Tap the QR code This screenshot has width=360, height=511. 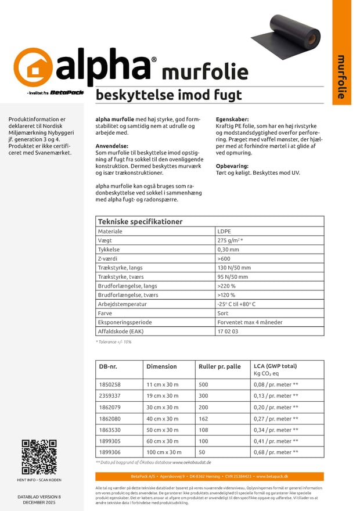(39, 457)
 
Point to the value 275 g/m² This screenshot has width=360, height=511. (229, 240)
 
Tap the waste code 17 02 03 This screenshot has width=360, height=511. (228, 332)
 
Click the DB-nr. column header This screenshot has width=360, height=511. (108, 366)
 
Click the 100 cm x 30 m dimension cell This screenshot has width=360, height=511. (164, 452)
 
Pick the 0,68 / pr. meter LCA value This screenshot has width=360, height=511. (276, 452)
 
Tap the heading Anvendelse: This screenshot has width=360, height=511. (112, 146)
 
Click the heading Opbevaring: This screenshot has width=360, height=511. (232, 166)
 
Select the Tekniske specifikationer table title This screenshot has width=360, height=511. (140, 221)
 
